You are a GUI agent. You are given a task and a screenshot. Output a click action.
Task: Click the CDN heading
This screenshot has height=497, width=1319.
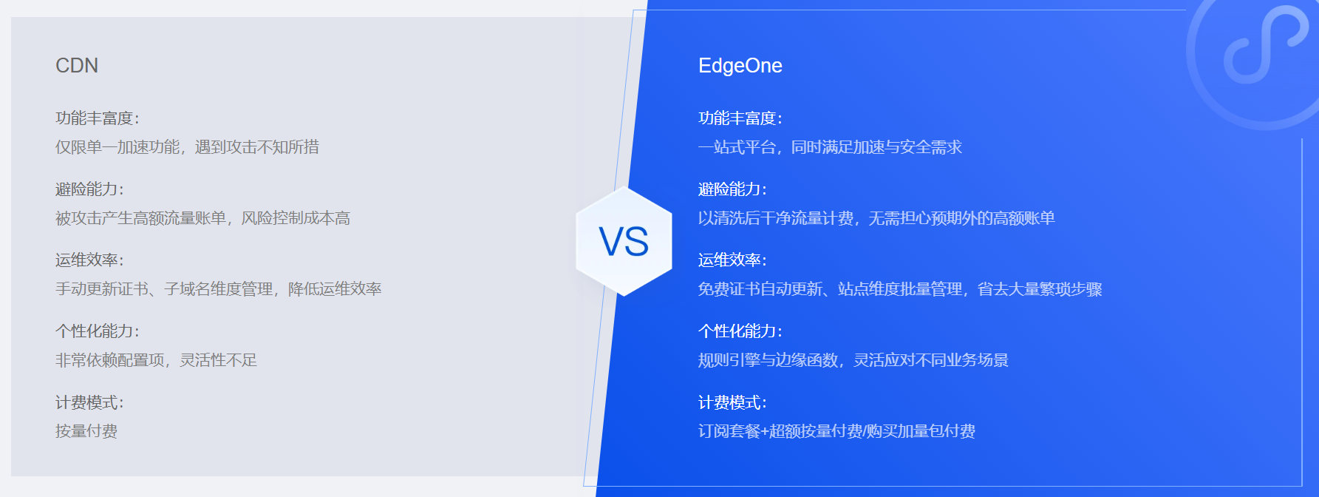77,66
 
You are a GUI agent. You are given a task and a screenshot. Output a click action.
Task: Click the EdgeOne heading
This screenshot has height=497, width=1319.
740,66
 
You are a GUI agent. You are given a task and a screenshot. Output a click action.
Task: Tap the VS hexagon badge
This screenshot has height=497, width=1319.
624,242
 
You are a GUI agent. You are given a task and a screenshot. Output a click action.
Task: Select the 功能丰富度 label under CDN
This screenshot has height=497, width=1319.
98,118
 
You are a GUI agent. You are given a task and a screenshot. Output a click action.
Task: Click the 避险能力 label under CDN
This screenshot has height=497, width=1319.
89,189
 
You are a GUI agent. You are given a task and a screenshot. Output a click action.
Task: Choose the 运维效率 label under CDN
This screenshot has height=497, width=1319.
89,260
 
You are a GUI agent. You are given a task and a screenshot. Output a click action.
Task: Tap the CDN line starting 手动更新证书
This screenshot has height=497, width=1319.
218,289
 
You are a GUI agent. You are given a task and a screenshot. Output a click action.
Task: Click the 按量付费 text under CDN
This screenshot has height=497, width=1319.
86,431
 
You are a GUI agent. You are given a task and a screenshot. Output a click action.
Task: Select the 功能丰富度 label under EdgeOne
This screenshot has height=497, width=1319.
740,118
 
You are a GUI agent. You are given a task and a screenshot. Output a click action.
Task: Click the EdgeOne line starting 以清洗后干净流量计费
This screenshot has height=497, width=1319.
876,218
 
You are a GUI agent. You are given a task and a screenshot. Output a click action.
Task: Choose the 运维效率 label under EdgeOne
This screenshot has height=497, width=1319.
732,260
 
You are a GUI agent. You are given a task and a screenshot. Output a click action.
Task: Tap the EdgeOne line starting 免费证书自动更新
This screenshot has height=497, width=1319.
900,289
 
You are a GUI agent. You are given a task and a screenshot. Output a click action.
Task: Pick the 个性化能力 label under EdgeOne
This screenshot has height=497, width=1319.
740,331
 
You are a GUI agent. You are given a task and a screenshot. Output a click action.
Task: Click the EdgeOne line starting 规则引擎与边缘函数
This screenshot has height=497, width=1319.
853,360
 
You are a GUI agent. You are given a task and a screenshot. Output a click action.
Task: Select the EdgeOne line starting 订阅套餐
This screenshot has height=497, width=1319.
836,431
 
